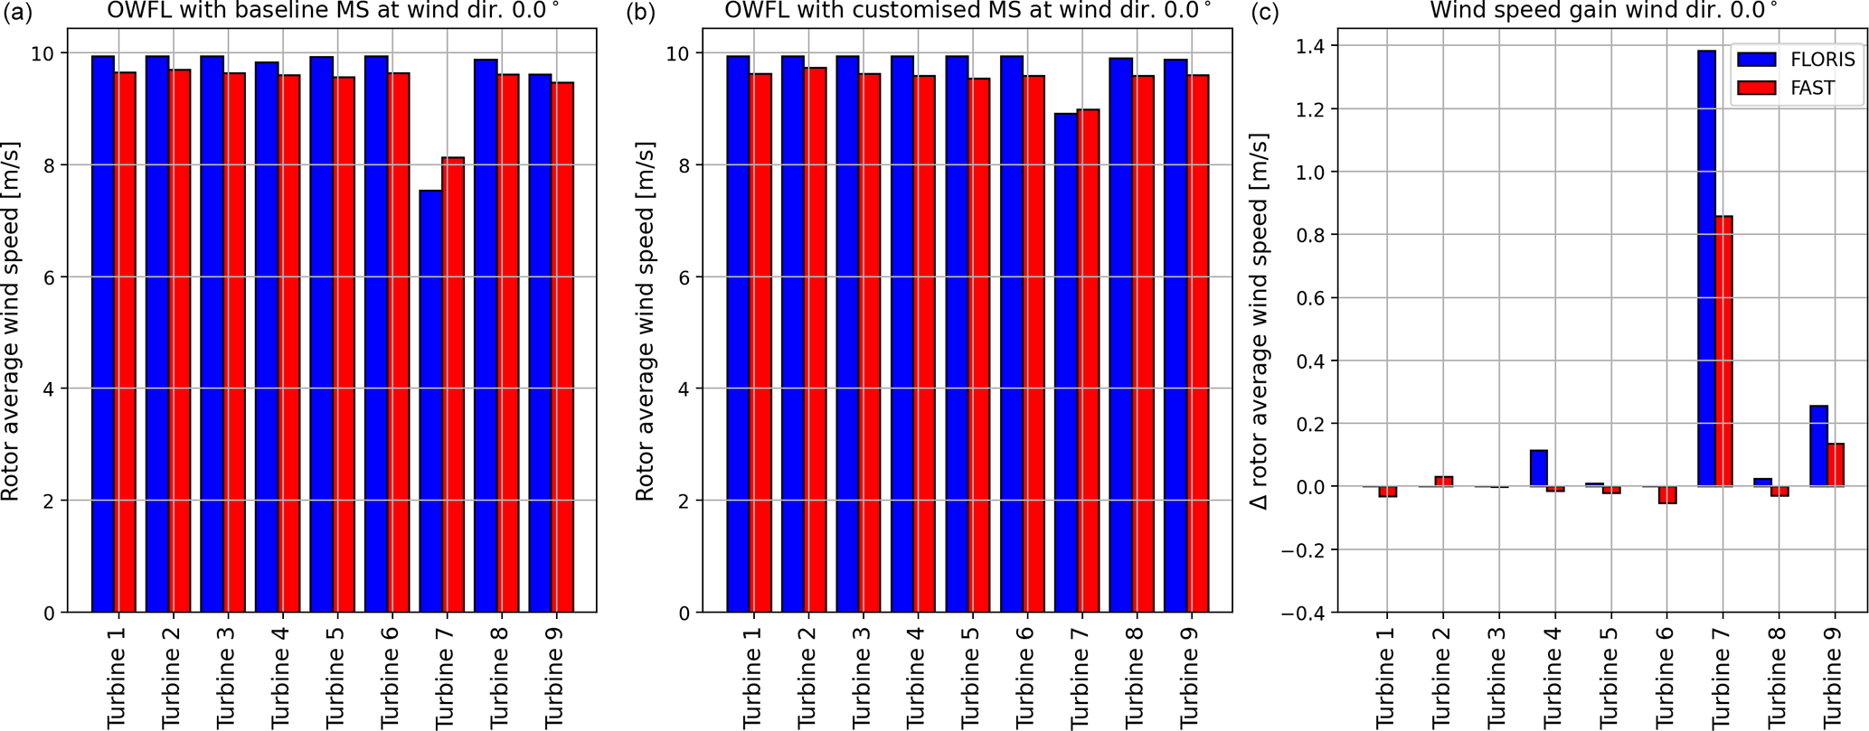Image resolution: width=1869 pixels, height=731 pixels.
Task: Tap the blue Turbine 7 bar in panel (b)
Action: pyautogui.click(x=1066, y=361)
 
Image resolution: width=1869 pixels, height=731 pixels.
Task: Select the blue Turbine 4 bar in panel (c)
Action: pyautogui.click(x=1538, y=468)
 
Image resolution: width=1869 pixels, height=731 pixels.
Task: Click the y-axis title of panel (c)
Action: pyautogui.click(x=1259, y=321)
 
